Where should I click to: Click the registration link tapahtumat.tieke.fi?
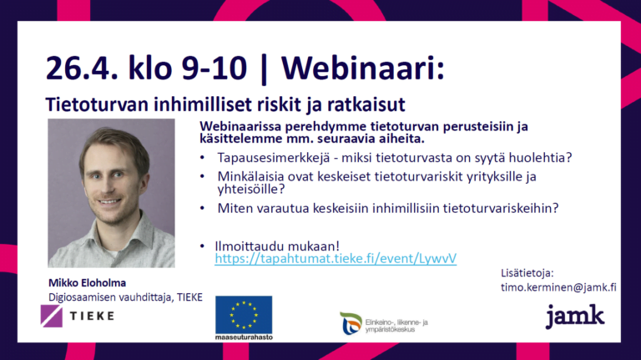point(336,259)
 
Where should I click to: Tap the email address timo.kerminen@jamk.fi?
point(558,287)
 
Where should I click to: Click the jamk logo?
point(575,316)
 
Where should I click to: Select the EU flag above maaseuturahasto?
point(244,315)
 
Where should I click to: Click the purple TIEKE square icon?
point(52,316)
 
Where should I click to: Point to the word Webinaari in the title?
point(362,68)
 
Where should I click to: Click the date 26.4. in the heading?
point(82,68)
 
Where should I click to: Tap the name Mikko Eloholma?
point(87,282)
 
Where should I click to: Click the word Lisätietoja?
point(527,273)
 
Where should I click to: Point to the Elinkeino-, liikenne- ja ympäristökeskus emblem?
point(351,323)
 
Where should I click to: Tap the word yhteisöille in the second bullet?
point(250,189)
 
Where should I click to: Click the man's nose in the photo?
point(108,185)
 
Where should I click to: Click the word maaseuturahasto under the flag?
point(244,337)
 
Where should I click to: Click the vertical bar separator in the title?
point(264,68)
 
